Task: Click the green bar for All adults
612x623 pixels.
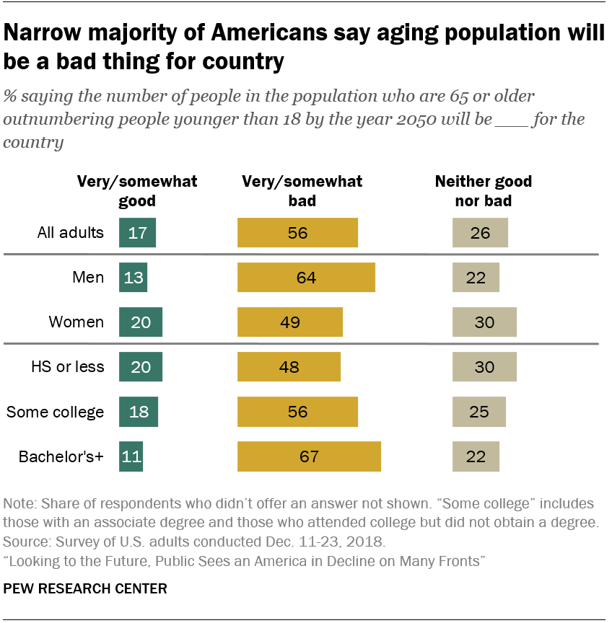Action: [x=137, y=233]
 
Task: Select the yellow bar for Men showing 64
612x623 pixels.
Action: [x=306, y=278]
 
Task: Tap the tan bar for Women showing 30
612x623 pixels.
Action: [x=484, y=322]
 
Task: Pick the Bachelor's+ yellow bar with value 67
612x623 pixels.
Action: [x=309, y=456]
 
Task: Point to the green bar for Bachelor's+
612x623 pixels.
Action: [x=131, y=456]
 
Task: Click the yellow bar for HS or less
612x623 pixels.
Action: [x=289, y=367]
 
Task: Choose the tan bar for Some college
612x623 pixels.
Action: [x=478, y=412]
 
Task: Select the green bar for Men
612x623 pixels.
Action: [x=133, y=278]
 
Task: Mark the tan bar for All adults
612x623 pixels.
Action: [x=480, y=233]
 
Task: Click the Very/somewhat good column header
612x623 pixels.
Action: [x=137, y=190]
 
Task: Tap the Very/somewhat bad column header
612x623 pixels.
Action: [x=302, y=190]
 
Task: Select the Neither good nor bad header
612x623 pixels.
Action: [x=483, y=190]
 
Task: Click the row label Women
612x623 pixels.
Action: [x=76, y=322]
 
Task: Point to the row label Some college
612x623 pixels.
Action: [x=55, y=412]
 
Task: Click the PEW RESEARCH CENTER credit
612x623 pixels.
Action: [x=85, y=588]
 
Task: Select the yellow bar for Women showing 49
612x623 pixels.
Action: [x=290, y=322]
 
